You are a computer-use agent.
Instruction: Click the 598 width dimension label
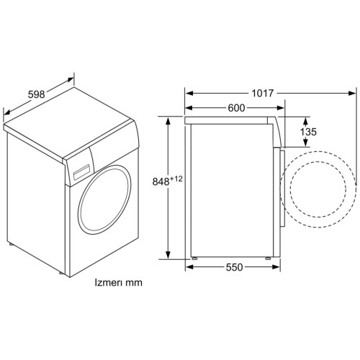coord(36,94)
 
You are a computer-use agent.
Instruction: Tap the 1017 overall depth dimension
coord(262,93)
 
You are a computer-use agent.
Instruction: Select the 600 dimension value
coord(236,108)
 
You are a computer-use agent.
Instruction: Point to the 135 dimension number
coord(308,132)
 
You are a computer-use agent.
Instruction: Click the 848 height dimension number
coord(161,182)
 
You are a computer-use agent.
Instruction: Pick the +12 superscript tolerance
coord(176,179)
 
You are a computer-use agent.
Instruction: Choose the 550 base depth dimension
coord(234,267)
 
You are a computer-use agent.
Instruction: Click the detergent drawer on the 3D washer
coord(81,172)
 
